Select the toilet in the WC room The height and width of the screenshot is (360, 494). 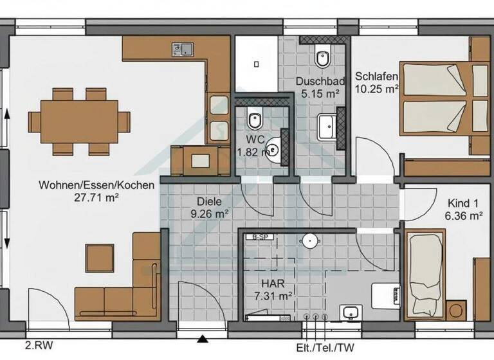pyautogui.click(x=255, y=119)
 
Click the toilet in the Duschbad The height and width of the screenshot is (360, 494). pyautogui.click(x=323, y=58)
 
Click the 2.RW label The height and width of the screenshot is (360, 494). pyautogui.click(x=39, y=346)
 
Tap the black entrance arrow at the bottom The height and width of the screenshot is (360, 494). pyautogui.click(x=203, y=339)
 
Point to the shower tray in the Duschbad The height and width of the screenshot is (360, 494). pyautogui.click(x=255, y=64)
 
